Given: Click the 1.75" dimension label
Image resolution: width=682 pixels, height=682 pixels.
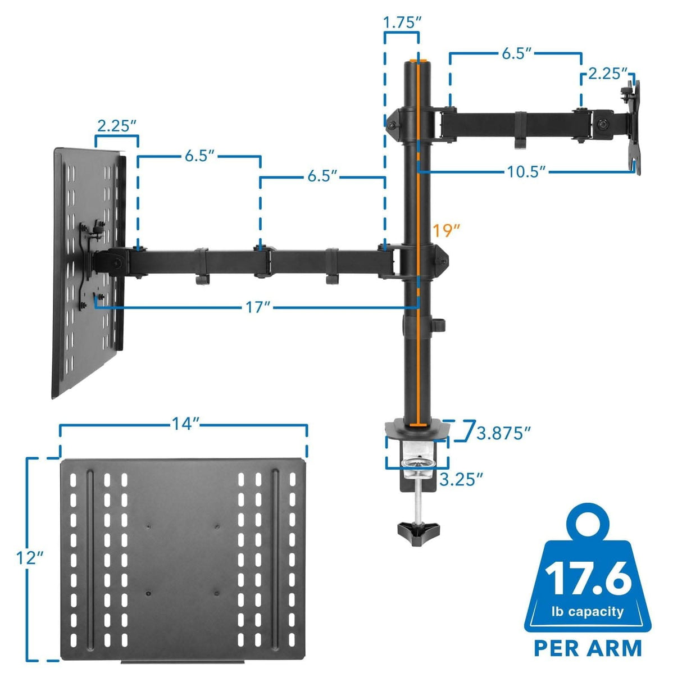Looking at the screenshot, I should [402, 22].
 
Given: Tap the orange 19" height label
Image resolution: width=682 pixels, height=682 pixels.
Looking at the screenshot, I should [447, 230].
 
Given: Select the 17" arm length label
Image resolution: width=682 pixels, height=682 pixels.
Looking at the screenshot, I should [258, 307].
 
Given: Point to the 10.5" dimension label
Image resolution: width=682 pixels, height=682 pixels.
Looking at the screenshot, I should [526, 171].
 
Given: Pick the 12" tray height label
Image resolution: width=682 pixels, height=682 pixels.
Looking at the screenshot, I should [30, 558].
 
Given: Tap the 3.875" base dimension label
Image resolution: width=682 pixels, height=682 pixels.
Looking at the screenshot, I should [503, 433].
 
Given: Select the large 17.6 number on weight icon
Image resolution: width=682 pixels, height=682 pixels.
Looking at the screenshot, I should [588, 578].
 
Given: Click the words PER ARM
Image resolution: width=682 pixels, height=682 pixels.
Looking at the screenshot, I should [588, 648].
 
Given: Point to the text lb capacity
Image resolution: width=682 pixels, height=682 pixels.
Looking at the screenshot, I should [588, 611].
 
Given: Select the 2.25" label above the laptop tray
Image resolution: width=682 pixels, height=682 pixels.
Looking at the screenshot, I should [117, 125].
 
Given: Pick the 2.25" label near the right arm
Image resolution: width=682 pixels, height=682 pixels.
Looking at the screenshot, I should [607, 74].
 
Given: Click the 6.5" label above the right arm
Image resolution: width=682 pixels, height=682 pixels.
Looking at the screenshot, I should [516, 53].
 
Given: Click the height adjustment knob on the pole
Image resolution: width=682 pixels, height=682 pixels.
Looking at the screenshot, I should [439, 325].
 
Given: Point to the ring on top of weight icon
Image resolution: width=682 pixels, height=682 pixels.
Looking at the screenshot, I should [588, 517].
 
